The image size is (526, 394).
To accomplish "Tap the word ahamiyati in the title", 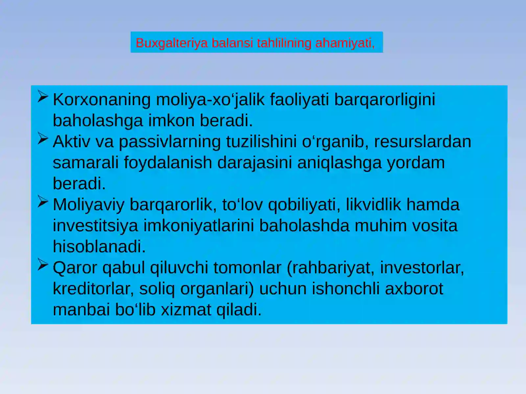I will pos(345,43).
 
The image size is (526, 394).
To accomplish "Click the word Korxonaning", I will pos(102,99).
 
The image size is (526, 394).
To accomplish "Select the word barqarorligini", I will pos(384,99).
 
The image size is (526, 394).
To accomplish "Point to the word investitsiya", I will pos(95,226).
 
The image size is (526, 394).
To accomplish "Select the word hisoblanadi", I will pos(99,247).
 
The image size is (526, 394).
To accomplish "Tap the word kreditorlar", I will pos(93,289).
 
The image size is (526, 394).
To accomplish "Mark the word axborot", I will pos(414,289).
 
